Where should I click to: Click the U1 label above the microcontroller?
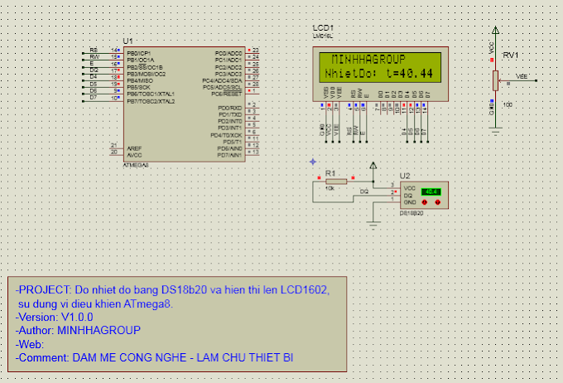point(127,41)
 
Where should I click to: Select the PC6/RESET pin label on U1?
point(227,94)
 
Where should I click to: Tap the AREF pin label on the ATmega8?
point(133,148)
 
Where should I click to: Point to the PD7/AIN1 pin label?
point(229,155)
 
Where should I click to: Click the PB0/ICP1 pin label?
point(137,53)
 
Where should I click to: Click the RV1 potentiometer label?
point(510,55)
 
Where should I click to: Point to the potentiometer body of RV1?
point(495,80)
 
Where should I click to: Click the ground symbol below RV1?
point(495,128)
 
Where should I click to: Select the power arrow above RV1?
point(495,31)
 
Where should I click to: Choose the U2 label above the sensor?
point(404,176)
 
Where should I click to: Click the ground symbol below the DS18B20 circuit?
point(374,221)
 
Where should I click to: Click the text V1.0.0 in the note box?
point(76,317)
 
